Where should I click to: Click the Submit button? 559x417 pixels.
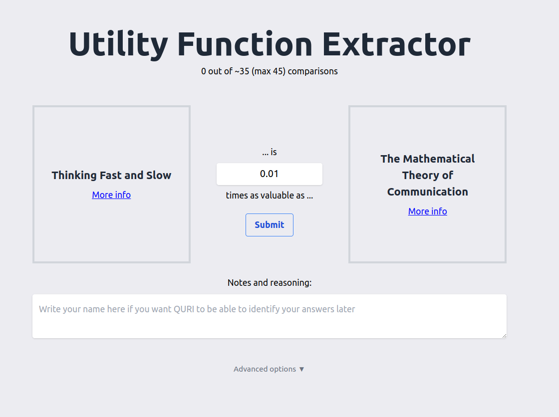pos(270,225)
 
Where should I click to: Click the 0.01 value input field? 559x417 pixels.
pos(270,174)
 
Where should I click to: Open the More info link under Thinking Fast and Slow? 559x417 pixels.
pos(111,195)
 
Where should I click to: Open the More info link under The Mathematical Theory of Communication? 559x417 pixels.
pos(427,211)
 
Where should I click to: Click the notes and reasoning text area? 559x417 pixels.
pos(270,316)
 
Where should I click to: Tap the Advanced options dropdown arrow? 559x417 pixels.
pos(301,369)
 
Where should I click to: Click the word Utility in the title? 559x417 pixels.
pos(118,44)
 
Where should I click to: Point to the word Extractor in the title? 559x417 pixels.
pos(396,44)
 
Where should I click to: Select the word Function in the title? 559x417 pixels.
pos(245,44)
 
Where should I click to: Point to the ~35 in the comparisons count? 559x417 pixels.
pos(242,71)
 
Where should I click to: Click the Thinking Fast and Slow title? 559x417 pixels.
pos(111,176)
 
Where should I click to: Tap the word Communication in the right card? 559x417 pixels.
pos(427,192)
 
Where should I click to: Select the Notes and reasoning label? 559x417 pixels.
pos(270,283)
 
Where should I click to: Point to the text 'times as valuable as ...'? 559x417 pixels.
pos(270,196)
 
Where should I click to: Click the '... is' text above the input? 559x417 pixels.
pos(270,152)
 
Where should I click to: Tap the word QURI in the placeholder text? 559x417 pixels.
pos(184,309)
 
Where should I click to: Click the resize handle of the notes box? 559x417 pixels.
pos(505,336)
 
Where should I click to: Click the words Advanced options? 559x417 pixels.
pos(265,369)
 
